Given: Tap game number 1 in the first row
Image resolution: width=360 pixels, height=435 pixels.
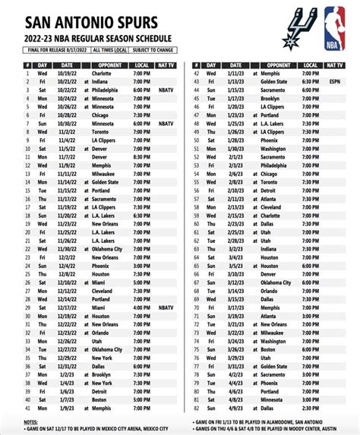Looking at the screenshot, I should [27, 72].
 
